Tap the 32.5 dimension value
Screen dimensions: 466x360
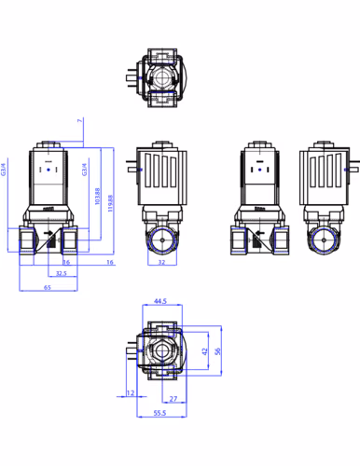(61, 274)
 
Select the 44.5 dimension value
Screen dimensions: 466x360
(159, 302)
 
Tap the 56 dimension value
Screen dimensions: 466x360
(219, 351)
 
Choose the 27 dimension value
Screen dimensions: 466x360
(175, 398)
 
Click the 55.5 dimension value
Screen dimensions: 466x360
(159, 412)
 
